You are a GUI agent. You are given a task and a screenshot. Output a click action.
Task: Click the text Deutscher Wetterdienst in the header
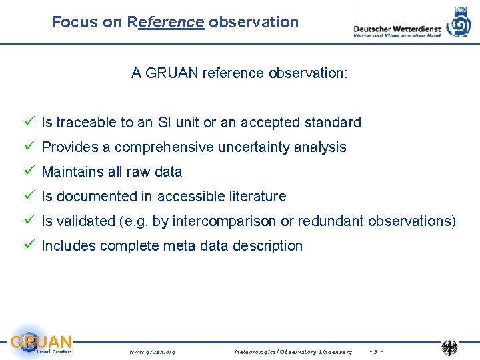[397, 29]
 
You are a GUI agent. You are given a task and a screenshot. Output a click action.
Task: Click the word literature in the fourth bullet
[256, 197]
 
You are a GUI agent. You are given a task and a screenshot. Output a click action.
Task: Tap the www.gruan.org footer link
[153, 351]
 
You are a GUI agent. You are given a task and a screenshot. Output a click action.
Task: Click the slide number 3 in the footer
[375, 351]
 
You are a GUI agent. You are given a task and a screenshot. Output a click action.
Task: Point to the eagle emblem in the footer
[450, 347]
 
